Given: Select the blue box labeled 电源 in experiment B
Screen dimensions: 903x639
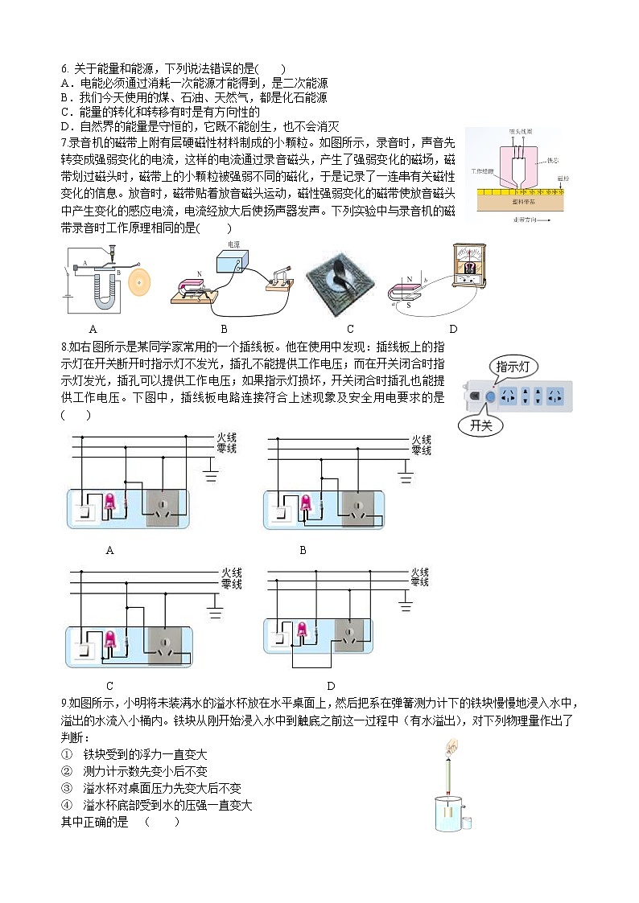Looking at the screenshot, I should [233, 264].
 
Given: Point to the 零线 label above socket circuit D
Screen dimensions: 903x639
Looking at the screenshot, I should [419, 581].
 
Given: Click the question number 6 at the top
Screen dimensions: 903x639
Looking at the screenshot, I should [64, 69].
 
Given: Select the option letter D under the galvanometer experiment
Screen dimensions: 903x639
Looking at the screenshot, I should [453, 328].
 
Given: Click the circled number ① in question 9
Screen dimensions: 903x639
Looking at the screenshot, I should [67, 754].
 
